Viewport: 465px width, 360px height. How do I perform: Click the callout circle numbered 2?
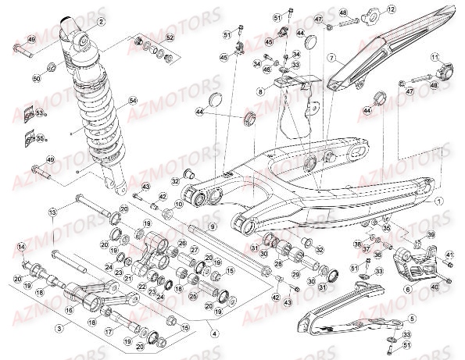[101, 23]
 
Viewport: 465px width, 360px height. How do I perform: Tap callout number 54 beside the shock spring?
[132, 101]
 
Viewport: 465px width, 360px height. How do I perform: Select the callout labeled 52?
[170, 37]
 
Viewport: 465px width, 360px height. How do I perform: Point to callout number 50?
[36, 79]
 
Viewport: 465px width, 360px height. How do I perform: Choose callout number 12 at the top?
[392, 9]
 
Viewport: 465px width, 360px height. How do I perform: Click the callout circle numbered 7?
[331, 58]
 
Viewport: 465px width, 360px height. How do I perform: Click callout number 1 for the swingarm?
[439, 200]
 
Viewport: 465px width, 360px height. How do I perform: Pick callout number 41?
[449, 255]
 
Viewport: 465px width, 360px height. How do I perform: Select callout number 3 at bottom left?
[56, 330]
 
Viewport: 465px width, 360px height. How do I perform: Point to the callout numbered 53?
[40, 113]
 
